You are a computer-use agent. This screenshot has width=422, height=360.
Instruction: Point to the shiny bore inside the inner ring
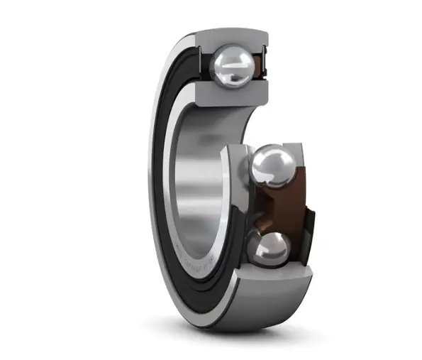point(202,178)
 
